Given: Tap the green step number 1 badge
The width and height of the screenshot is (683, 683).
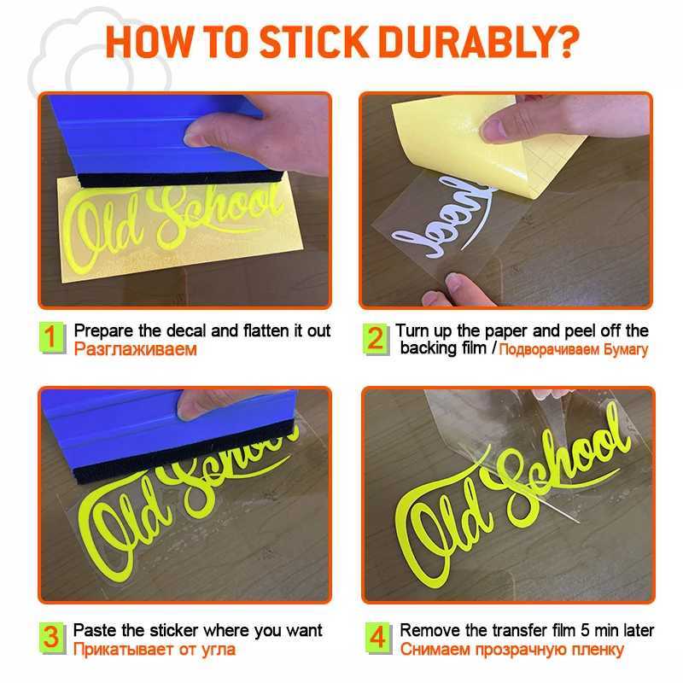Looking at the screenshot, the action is [x=52, y=337].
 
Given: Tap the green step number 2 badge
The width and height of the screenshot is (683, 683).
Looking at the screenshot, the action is [x=376, y=338].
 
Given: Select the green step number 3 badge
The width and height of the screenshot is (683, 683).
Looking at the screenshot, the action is [x=52, y=637].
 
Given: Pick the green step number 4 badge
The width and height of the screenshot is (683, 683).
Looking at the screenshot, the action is [x=378, y=637].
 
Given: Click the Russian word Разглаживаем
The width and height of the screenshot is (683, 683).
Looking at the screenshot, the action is [x=136, y=349].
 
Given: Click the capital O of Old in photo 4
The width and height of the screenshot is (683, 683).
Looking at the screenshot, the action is [x=423, y=536].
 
